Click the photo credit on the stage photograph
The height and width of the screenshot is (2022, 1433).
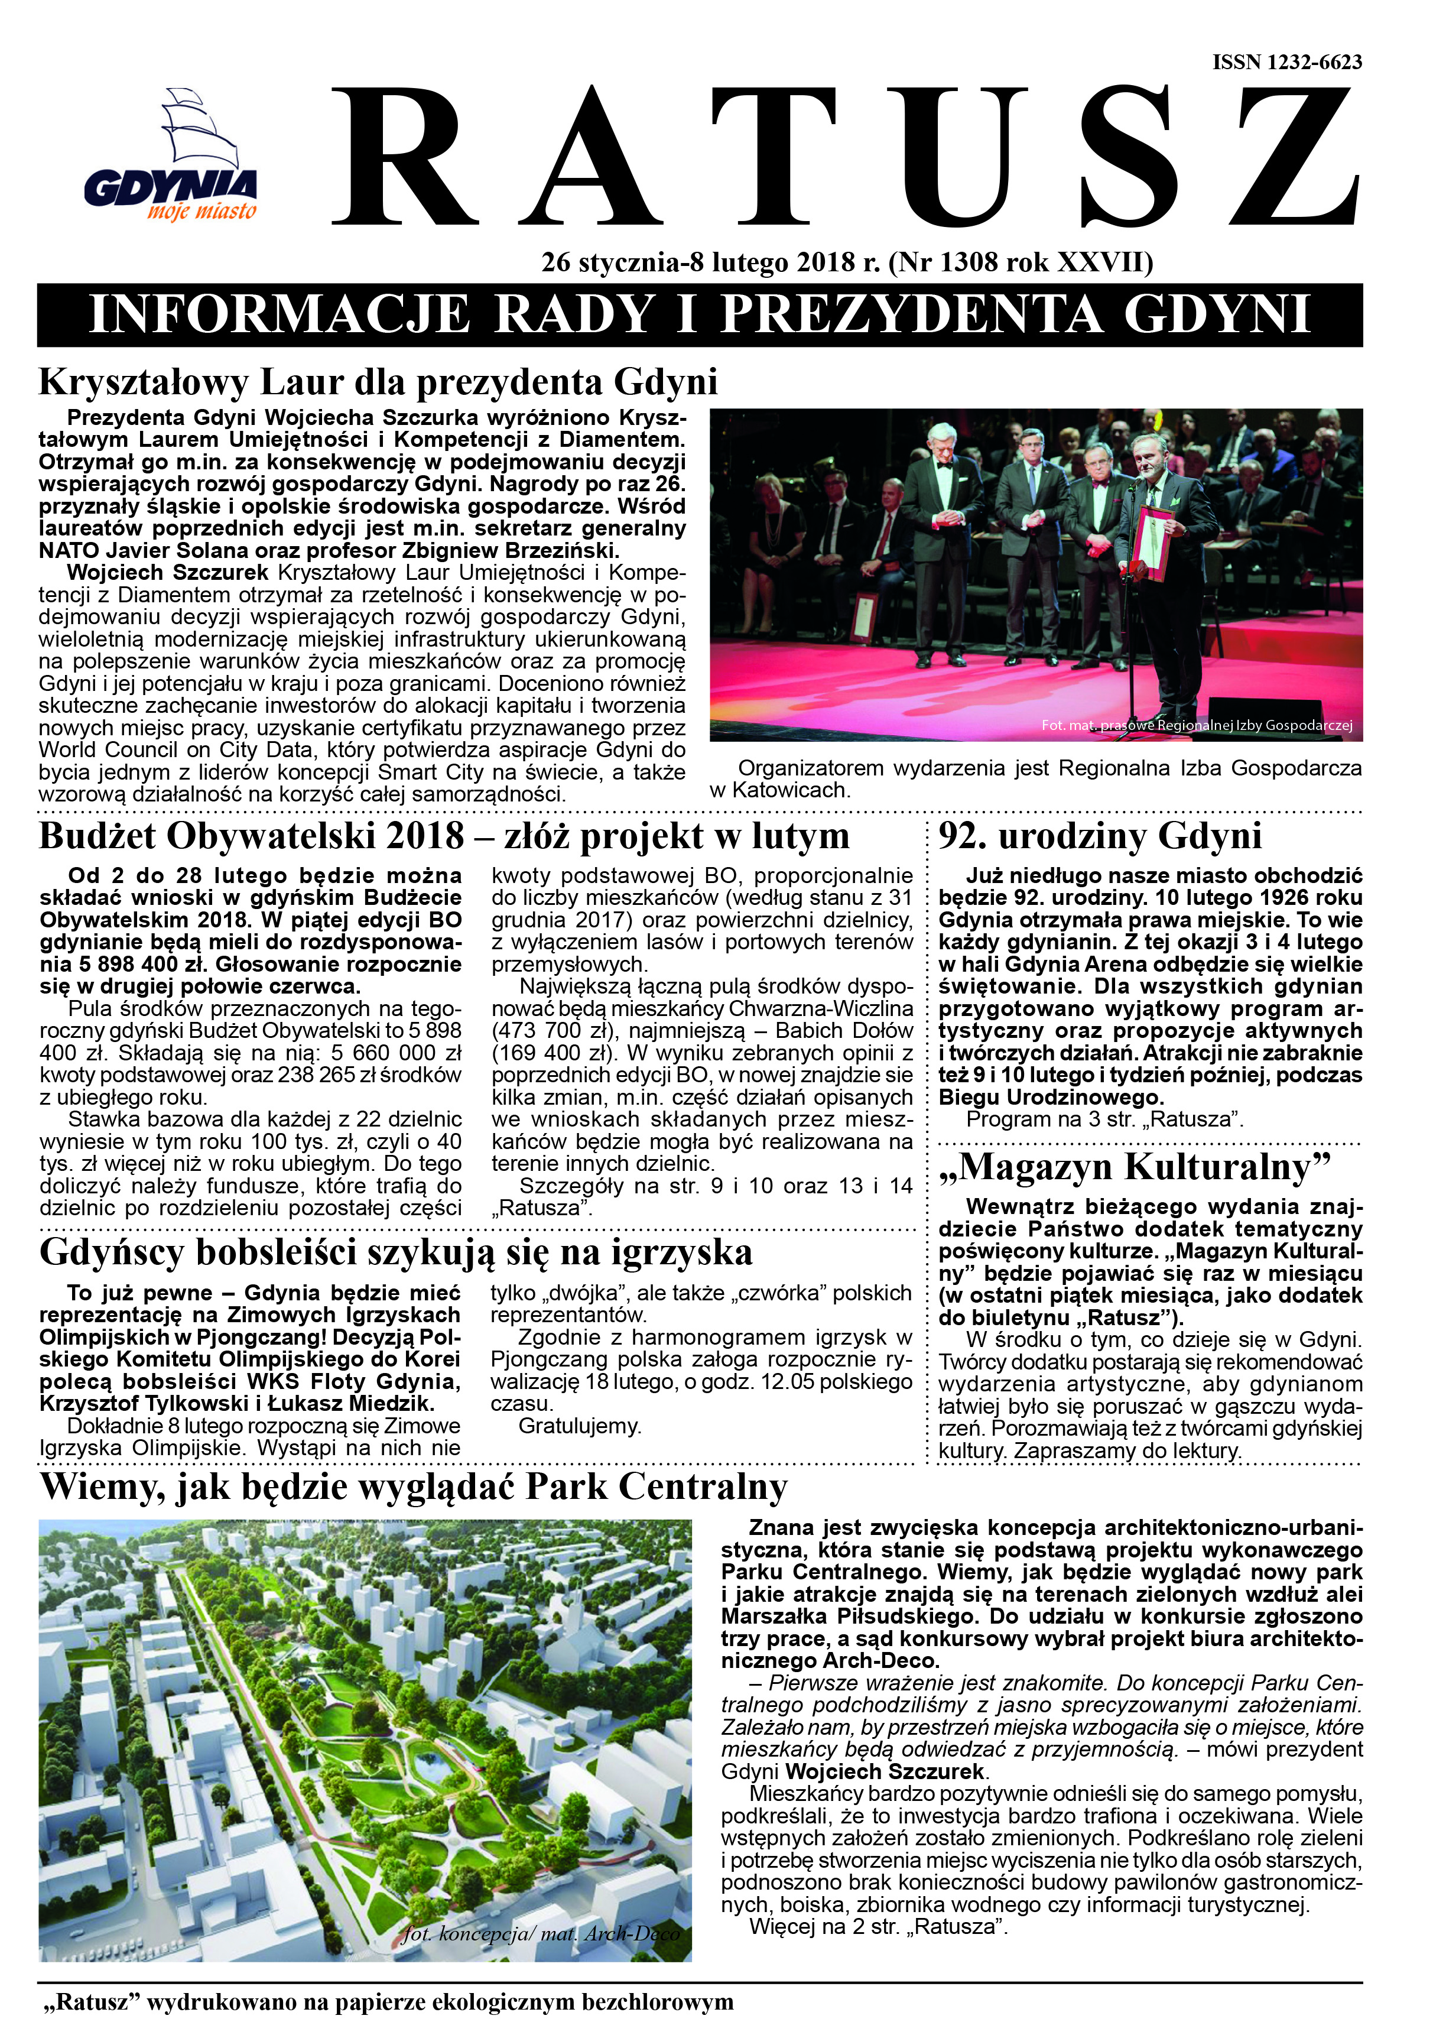(x=1197, y=725)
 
